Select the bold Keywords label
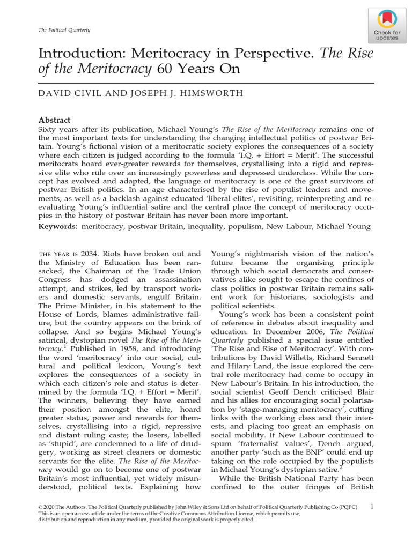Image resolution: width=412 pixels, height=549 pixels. pos(57,226)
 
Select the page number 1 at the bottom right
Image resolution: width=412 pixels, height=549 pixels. pos(372,505)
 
